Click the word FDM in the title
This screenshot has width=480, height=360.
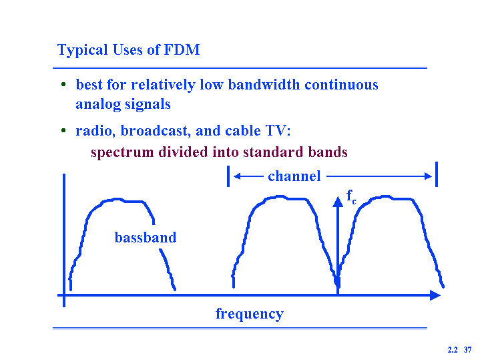(182, 49)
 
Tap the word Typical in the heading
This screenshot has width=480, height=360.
(82, 51)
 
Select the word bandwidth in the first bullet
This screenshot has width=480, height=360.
(264, 85)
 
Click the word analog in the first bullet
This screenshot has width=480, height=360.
(98, 104)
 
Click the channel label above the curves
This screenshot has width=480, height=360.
(294, 176)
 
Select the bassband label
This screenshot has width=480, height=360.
(146, 238)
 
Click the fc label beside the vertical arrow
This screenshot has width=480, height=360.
(351, 196)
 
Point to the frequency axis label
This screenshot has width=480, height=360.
(250, 314)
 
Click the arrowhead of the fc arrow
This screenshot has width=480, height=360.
(338, 202)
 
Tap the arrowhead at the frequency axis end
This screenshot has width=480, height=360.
(435, 295)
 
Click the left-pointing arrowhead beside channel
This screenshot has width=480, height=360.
(237, 176)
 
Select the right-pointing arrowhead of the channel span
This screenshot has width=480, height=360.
(428, 176)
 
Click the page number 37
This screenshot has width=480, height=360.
(467, 350)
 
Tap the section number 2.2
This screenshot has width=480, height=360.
(453, 350)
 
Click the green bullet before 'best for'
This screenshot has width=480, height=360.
(63, 84)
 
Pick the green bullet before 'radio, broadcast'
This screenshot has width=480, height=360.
(63, 130)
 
